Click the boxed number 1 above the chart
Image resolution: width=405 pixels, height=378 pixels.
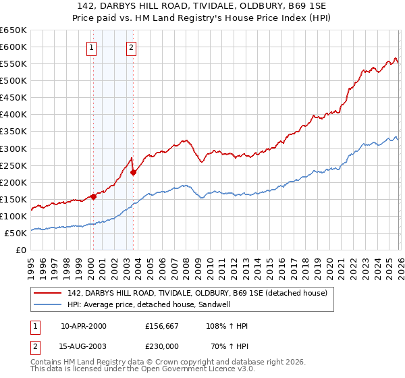pos(91,47)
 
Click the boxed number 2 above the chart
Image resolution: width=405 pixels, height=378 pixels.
pos(131,47)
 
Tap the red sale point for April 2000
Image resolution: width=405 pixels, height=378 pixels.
pos(93,196)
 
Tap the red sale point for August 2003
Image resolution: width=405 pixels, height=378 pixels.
pos(133,172)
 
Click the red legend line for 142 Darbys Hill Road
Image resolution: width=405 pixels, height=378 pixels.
pos(49,293)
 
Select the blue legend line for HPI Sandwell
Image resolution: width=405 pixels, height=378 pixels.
pos(49,304)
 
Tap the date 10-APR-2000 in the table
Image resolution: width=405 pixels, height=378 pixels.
pos(83,326)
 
